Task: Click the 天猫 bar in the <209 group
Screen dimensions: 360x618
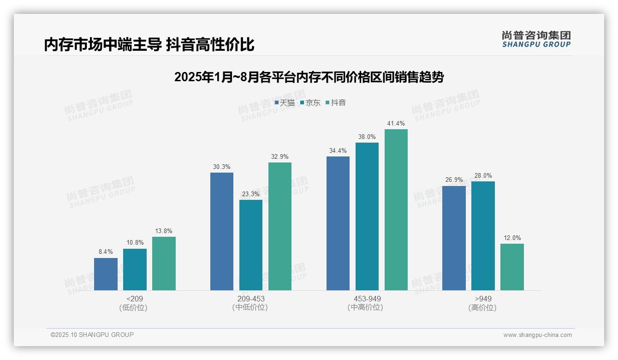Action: click(x=106, y=274)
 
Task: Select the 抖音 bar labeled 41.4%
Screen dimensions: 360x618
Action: click(x=396, y=210)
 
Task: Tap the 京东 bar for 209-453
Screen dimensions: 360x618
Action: click(x=251, y=245)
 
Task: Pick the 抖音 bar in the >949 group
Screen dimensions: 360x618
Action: click(x=512, y=267)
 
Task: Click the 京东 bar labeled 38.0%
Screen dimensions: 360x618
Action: click(x=367, y=216)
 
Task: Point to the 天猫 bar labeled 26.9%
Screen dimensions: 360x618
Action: click(x=454, y=238)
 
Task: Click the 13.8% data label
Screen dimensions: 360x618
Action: click(x=164, y=231)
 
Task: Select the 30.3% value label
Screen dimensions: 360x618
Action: click(x=222, y=167)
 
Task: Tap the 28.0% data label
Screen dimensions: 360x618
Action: click(x=483, y=175)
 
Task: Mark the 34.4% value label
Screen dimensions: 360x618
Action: click(x=338, y=151)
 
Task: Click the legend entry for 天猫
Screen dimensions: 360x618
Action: click(x=285, y=102)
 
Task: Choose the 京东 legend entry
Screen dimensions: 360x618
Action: click(x=310, y=102)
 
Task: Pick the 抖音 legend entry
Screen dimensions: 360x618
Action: click(x=336, y=102)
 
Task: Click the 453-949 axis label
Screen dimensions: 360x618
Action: click(x=367, y=299)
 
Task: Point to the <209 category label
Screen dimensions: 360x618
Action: click(x=135, y=299)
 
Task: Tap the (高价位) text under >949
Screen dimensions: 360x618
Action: click(x=482, y=307)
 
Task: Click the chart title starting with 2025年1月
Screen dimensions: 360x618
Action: click(x=309, y=77)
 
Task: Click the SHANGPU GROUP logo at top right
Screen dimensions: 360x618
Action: click(x=536, y=39)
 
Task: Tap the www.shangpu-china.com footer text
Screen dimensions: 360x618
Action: click(x=537, y=335)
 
